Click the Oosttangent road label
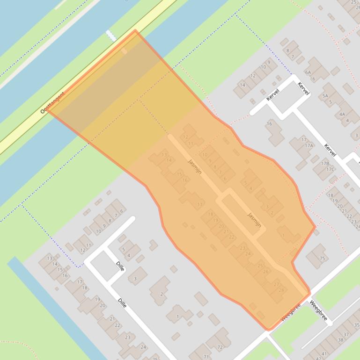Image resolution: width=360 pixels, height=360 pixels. (x=52, y=103)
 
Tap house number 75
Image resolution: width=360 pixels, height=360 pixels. (x=322, y=259)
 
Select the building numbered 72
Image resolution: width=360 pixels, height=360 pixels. (x=220, y=347)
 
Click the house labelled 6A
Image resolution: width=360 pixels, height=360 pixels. (x=308, y=72)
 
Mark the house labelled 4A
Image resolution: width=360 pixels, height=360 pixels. (x=342, y=114)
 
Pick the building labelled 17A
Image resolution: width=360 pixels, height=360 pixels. (x=309, y=145)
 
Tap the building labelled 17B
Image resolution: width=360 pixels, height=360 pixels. (x=324, y=164)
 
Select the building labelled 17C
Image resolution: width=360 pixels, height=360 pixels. (x=330, y=169)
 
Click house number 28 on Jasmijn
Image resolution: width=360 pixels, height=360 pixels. (x=281, y=290)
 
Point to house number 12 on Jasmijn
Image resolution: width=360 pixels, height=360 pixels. (x=186, y=137)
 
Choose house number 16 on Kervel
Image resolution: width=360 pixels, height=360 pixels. (x=269, y=124)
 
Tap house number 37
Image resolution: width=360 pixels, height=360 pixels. (x=346, y=335)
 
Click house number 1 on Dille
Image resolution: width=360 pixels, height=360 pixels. (x=178, y=317)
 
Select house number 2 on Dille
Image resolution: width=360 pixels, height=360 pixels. (x=162, y=294)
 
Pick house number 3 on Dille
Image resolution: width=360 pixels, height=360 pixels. (x=135, y=279)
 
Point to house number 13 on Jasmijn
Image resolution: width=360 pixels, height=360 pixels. (x=164, y=155)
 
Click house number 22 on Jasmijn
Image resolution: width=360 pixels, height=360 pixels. (x=231, y=237)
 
